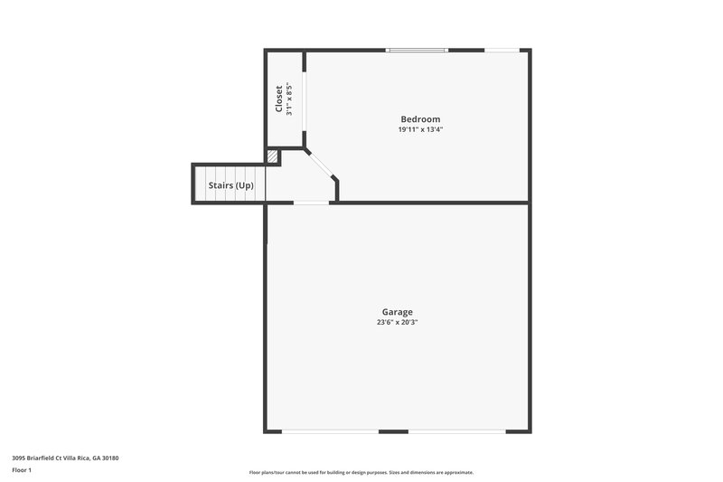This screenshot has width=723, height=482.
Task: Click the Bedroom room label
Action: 420,119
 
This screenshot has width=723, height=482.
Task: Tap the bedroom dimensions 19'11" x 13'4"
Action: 420,130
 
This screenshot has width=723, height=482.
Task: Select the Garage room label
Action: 397,312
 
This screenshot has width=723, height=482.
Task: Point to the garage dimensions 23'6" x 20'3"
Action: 397,323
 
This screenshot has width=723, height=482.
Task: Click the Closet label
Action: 279,99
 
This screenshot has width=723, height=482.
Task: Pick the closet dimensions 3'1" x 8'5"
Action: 290,99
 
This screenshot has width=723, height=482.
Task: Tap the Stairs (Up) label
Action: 231,185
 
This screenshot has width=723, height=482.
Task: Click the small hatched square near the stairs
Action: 272,157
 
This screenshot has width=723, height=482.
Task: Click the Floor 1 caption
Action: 21,471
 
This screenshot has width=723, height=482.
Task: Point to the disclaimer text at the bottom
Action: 361,472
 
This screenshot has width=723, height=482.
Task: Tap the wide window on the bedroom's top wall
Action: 417,50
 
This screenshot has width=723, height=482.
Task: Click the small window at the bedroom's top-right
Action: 502,50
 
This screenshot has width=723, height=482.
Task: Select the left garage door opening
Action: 330,431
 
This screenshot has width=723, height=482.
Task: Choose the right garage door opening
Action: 456,431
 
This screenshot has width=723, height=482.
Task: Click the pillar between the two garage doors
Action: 393,431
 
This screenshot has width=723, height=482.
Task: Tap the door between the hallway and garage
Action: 312,203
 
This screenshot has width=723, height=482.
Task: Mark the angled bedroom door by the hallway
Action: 321,165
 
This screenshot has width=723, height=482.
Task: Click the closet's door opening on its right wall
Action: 305,99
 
